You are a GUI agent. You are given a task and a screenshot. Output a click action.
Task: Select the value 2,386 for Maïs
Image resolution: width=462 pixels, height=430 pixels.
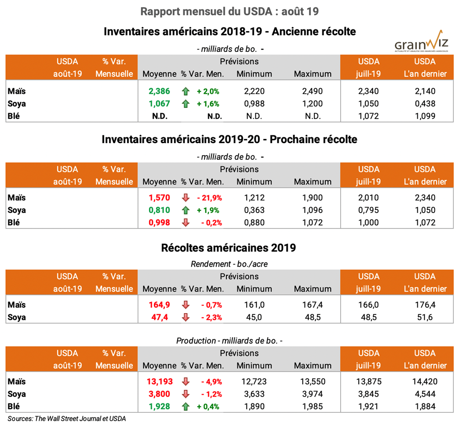(x=159, y=91)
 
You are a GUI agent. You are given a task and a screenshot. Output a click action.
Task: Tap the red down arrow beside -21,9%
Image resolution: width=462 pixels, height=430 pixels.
(x=185, y=198)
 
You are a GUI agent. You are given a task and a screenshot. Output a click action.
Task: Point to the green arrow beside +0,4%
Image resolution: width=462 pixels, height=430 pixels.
(x=185, y=407)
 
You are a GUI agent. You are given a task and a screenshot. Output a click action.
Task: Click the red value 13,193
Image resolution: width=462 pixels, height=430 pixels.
(x=159, y=381)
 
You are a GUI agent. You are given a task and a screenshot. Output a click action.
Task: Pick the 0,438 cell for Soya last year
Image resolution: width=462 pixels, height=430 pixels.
(x=425, y=104)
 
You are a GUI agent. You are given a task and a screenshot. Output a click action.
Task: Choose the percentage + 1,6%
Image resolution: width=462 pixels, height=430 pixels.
(x=208, y=104)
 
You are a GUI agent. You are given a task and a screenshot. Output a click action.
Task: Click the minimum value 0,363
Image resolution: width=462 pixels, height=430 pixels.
(x=254, y=210)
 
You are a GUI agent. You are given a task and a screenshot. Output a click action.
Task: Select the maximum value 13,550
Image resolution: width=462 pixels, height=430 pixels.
(x=313, y=381)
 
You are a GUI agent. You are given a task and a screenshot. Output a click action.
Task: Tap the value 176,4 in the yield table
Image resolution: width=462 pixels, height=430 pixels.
(x=425, y=305)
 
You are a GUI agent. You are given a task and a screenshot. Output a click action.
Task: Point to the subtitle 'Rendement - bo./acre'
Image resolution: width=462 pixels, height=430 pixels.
(x=229, y=264)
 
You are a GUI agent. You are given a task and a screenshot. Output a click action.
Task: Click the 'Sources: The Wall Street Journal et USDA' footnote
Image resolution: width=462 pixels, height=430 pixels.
(x=67, y=419)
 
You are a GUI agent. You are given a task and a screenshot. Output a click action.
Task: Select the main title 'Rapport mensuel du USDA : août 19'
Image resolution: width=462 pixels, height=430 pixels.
(x=230, y=11)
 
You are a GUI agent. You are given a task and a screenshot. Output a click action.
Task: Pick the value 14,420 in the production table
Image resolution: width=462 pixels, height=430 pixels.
(x=425, y=381)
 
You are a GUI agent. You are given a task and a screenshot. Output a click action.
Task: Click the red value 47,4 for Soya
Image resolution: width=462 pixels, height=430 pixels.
(x=159, y=317)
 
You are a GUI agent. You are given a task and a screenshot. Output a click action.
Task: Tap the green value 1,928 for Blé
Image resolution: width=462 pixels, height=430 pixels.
(x=159, y=407)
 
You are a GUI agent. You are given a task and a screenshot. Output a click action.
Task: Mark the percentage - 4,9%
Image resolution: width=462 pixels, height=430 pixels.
(x=208, y=381)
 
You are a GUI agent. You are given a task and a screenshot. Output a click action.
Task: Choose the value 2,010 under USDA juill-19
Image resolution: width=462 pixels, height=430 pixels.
(x=369, y=198)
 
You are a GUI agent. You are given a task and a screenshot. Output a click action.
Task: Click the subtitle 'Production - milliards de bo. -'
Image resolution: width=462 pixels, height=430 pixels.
(x=229, y=341)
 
